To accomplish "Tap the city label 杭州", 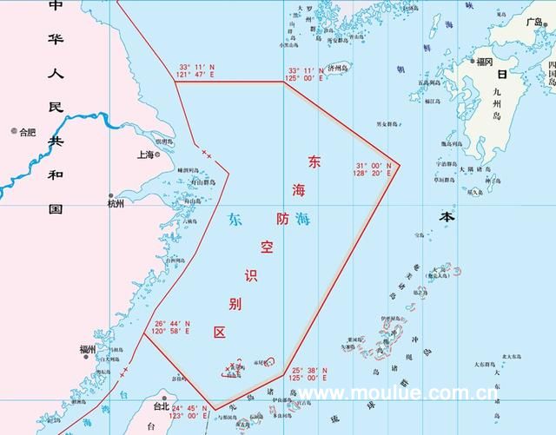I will [x=116, y=203].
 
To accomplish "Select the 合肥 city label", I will [x=29, y=132].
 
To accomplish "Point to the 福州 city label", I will [x=88, y=349].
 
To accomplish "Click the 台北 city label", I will [x=161, y=405].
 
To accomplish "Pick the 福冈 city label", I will [x=485, y=62].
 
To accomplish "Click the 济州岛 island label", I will [x=337, y=66].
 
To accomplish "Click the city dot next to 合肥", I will [x=14, y=132].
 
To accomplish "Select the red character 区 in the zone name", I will [x=220, y=332].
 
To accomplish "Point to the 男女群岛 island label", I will [x=386, y=125].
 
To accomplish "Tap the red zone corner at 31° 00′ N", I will [x=399, y=163].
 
